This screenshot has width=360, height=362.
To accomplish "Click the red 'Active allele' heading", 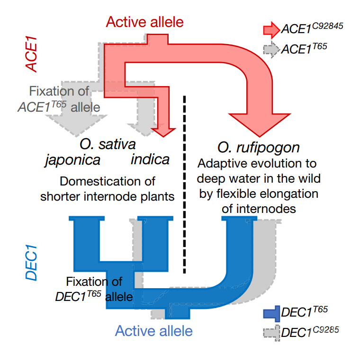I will click(144, 22).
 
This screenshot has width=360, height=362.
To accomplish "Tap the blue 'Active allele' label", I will click(154, 330).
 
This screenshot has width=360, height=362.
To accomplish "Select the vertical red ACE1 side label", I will click(32, 56).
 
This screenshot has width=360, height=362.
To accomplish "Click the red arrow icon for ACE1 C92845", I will click(271, 30).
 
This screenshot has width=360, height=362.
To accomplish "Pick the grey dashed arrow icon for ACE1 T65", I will click(271, 49).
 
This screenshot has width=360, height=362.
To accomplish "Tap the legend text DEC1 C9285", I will click(310, 332).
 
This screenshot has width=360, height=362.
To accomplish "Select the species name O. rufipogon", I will click(259, 147).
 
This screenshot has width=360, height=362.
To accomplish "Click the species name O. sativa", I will click(108, 143).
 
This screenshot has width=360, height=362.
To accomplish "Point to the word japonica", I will click(72, 159).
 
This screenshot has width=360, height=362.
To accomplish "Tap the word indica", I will click(150, 159).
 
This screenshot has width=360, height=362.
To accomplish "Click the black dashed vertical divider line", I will click(185, 185).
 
